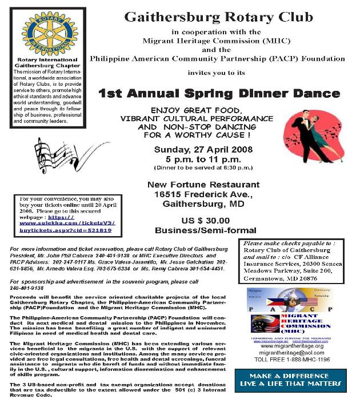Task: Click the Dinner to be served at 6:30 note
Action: point(198,168)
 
